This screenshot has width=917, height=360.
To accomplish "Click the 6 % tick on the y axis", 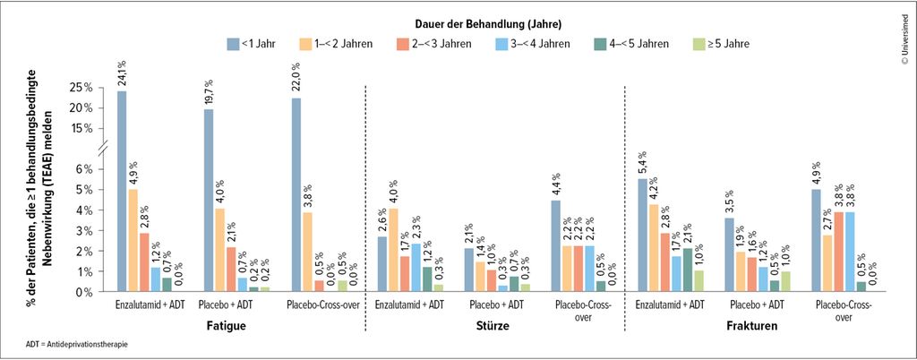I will click(83, 168).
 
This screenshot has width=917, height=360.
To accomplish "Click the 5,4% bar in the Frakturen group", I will click(642, 235).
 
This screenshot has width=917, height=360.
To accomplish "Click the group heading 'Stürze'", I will click(493, 326).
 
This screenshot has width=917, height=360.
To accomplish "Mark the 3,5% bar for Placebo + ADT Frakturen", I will click(728, 254).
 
